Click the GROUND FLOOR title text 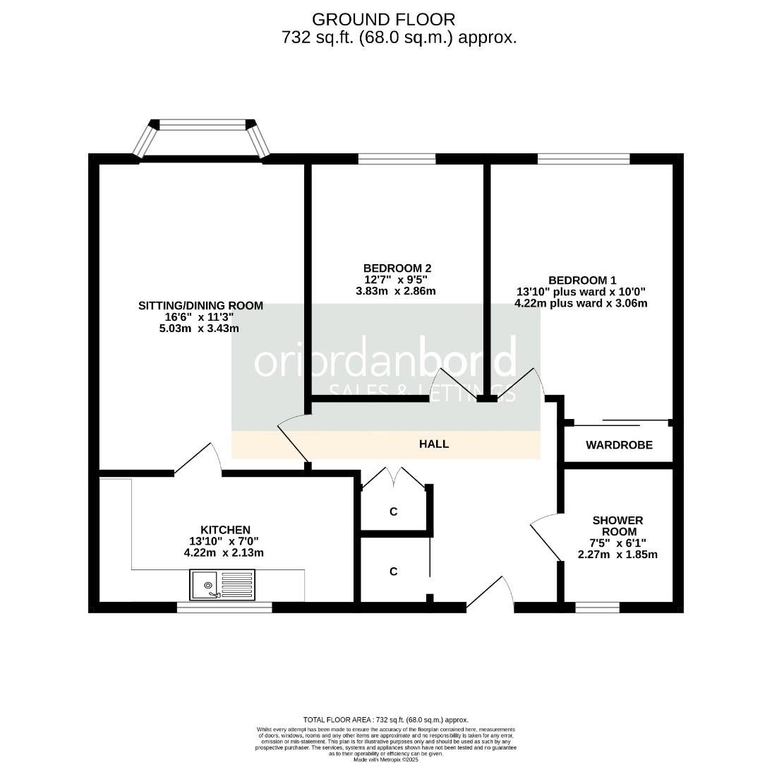coord(384,19)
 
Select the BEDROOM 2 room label coord(397,268)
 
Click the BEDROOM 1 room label coord(582,280)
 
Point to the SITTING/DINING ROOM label coord(200,305)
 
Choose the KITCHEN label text coord(225,530)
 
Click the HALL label coord(434,444)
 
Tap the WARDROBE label coord(619,445)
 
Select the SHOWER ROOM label coord(617,526)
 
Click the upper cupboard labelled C coord(394,511)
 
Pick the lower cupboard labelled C coord(394,571)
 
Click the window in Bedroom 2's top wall coord(397,158)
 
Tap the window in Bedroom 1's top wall coord(583,158)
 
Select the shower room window coord(597,607)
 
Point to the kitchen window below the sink coord(224,607)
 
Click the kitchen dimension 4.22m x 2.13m coord(224,552)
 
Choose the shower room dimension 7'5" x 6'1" coord(617,543)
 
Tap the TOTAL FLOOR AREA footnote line coord(385,719)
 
